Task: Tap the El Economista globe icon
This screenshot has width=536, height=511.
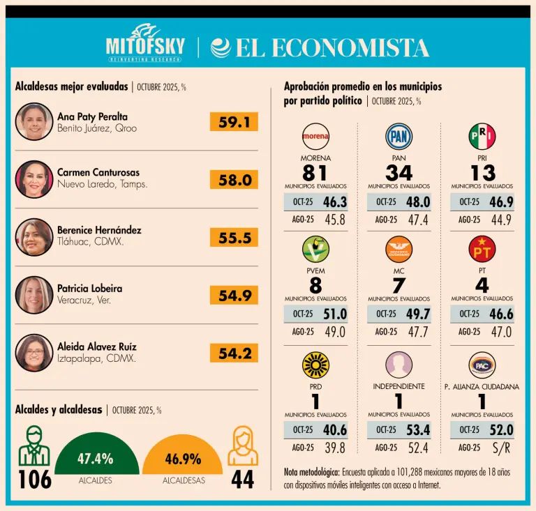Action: point(221,47)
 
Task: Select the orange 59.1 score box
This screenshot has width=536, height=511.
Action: point(234,122)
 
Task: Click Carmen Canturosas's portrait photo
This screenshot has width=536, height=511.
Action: point(34,180)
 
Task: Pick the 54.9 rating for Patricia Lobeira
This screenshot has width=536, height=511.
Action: point(234,296)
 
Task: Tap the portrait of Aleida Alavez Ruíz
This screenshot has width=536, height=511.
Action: point(34,353)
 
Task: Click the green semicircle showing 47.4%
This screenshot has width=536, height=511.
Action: point(96,460)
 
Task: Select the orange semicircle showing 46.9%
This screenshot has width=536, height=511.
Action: point(183,460)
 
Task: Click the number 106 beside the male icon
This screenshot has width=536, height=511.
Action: point(34,480)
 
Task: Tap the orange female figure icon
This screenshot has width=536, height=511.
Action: point(243,446)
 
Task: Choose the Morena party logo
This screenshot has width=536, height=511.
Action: point(315,137)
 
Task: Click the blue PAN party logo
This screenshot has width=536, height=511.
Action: point(399,137)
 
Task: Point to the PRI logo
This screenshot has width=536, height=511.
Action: point(482,137)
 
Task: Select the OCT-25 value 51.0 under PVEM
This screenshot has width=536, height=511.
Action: point(335,314)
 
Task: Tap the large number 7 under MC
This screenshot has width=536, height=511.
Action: point(399,285)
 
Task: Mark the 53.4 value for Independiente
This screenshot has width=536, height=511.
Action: point(418,429)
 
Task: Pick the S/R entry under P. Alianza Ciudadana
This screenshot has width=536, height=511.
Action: point(501,448)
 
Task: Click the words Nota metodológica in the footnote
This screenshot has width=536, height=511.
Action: point(311,472)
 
